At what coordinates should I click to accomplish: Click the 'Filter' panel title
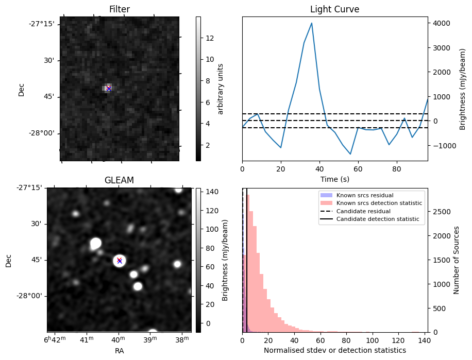tap(119, 9)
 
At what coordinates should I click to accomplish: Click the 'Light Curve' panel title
tap(334, 9)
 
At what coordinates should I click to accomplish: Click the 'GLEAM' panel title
tap(119, 180)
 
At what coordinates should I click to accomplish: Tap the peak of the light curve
tap(312, 23)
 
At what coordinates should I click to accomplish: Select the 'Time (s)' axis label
tap(334, 178)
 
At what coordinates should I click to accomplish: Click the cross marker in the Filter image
tap(109, 89)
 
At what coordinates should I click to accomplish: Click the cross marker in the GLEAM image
tap(120, 261)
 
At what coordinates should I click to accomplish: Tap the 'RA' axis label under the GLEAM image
tap(119, 351)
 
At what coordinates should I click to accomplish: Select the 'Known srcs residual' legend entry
tap(365, 196)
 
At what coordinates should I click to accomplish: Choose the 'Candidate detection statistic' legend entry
tap(377, 219)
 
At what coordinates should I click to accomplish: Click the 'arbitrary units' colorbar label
tap(221, 89)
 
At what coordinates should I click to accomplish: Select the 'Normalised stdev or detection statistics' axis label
tap(334, 350)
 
